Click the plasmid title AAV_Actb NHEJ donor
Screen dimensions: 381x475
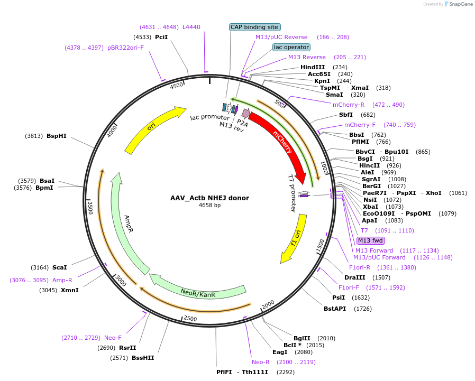pyautogui.click(x=209, y=198)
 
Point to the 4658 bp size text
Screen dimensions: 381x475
pyautogui.click(x=209, y=205)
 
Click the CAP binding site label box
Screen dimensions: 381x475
pyautogui.click(x=254, y=27)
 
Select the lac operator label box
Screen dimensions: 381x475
pyautogui.click(x=291, y=47)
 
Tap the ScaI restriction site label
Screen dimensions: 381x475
pyautogui.click(x=59, y=267)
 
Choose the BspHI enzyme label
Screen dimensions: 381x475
pyautogui.click(x=57, y=136)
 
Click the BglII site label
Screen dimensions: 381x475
pyautogui.click(x=302, y=338)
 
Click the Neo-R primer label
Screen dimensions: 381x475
pyautogui.click(x=261, y=362)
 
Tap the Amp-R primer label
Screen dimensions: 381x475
pyautogui.click(x=62, y=280)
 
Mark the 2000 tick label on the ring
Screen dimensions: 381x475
pyautogui.click(x=268, y=305)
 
